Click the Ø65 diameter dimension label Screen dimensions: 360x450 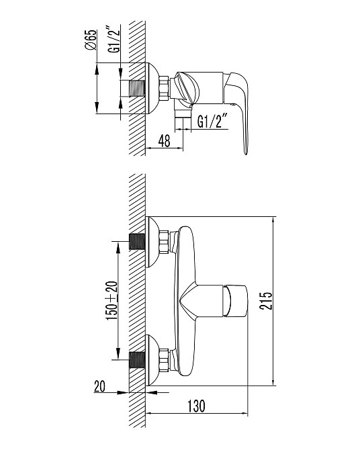coord(91,40)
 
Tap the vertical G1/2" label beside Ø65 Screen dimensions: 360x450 coord(114,40)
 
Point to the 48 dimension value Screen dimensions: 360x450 coord(164,140)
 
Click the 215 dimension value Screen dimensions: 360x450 coord(265,301)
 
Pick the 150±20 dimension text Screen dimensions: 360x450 coord(112,301)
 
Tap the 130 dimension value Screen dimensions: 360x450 coord(196,406)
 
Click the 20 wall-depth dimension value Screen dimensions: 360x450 coord(99,386)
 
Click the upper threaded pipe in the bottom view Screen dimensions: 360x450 coord(137,241)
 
